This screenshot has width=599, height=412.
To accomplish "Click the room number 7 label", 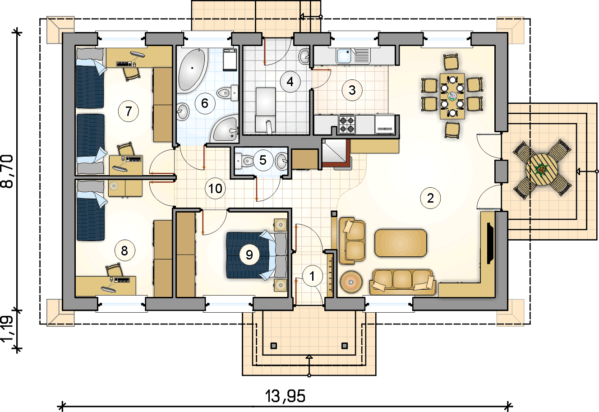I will [x=129, y=111].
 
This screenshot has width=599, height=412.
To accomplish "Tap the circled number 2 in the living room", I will [x=430, y=198].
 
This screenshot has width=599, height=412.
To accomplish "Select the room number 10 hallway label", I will [x=216, y=188].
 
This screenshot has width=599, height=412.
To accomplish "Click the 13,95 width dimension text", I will [x=285, y=397].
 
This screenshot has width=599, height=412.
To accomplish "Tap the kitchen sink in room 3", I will [x=346, y=56].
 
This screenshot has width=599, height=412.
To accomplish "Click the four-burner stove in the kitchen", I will [x=347, y=124].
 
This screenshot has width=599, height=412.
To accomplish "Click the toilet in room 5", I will [x=245, y=160].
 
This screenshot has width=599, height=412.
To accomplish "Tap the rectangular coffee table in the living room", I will [x=401, y=243].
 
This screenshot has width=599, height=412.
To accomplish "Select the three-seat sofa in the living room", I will [x=402, y=282].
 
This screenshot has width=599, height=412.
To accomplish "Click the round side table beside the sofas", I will [x=352, y=282].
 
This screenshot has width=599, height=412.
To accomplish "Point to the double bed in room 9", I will [x=255, y=255].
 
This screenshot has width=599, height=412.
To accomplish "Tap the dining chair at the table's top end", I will [x=452, y=62].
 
